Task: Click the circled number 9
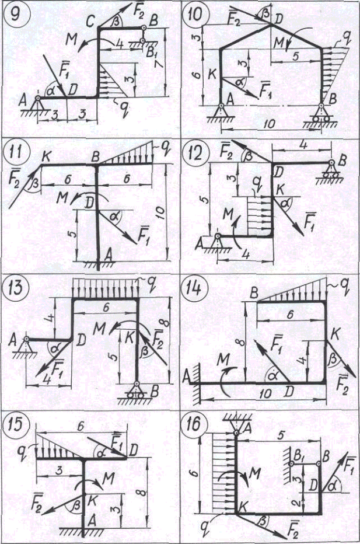[13, 14]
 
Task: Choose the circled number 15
[14, 422]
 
